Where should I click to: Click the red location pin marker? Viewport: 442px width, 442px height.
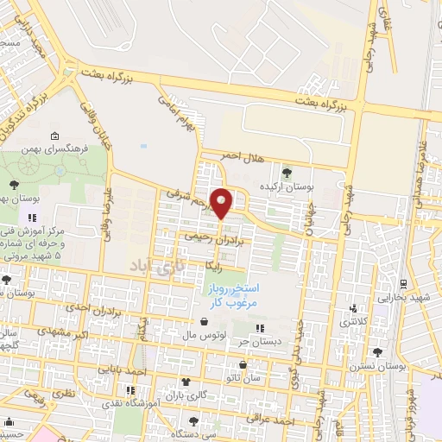coord(222,203)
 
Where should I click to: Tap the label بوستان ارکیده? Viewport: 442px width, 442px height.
coord(287,187)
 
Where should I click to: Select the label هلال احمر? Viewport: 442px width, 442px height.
coord(240,155)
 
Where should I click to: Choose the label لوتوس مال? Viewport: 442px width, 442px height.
coord(207,332)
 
